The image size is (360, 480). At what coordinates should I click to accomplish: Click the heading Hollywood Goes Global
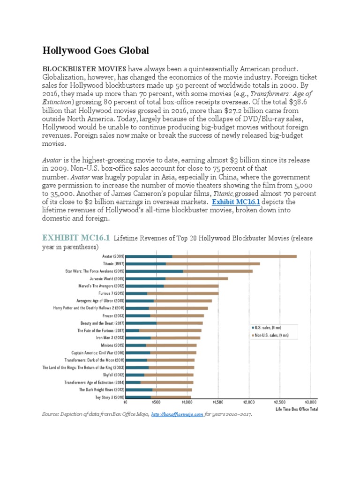pyautogui.click(x=96, y=50)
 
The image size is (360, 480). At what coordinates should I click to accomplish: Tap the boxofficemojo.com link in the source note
pyautogui.click(x=178, y=414)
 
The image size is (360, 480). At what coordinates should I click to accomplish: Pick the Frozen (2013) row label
pyautogui.click(x=113, y=315)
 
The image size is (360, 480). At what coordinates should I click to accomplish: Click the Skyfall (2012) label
pyautogui.click(x=113, y=375)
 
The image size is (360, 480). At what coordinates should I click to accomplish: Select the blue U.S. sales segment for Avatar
pyautogui.click(x=149, y=256)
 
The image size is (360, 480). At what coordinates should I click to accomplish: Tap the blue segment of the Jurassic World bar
pyautogui.click(x=145, y=278)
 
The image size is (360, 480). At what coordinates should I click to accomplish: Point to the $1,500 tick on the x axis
pyautogui.click(x=217, y=402)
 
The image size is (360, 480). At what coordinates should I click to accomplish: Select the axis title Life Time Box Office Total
pyautogui.click(x=296, y=409)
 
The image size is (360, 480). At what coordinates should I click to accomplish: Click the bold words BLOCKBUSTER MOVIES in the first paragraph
pyautogui.click(x=84, y=68)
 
